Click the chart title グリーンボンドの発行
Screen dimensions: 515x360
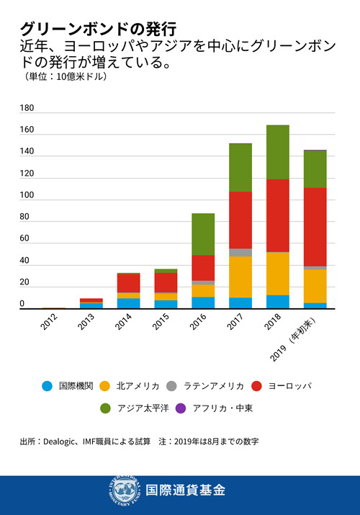pos(98,29)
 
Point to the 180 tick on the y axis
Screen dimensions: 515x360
pos(27,108)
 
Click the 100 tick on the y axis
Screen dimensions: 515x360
pos(27,195)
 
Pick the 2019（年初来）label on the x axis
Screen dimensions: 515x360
pos(303,336)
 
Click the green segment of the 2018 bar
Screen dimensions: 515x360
pos(277,152)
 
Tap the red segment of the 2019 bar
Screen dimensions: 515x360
pos(315,227)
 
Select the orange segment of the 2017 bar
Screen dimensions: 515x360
pos(240,277)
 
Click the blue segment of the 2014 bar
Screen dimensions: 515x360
pos(128,303)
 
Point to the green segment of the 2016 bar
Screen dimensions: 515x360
pos(202,234)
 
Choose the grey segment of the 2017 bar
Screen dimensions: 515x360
pos(240,252)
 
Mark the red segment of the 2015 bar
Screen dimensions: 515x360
pos(166,282)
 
